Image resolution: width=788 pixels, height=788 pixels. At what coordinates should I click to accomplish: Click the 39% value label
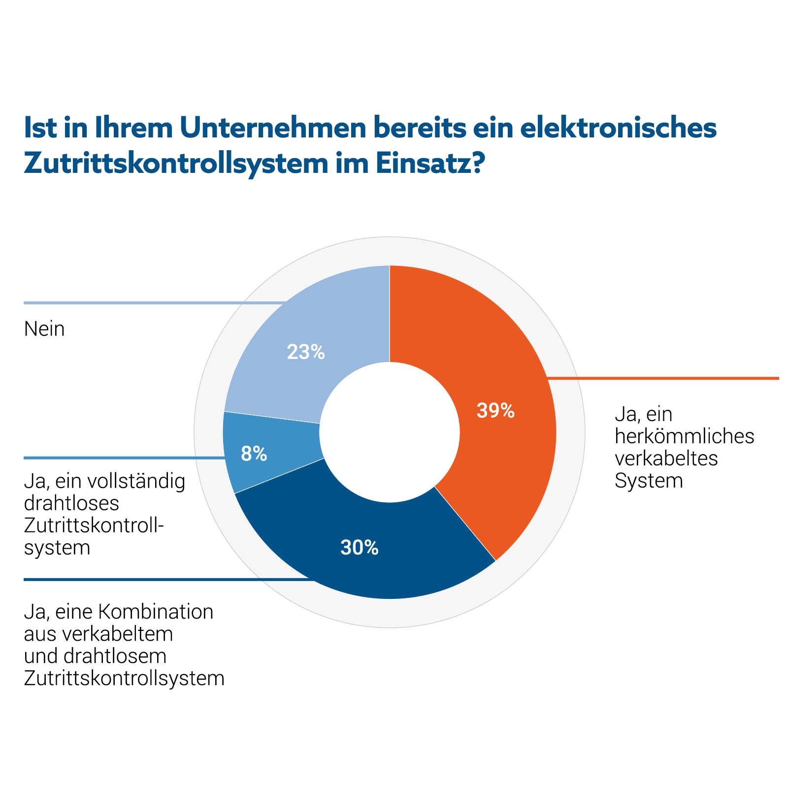click(495, 411)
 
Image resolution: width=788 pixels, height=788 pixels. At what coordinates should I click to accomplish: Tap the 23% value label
click(306, 352)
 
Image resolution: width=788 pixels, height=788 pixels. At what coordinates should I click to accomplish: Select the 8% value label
click(254, 454)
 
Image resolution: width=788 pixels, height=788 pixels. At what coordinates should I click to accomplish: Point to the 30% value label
click(360, 548)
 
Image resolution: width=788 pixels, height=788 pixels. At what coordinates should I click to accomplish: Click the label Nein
click(44, 329)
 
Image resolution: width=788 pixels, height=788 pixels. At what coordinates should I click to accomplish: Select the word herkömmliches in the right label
click(684, 436)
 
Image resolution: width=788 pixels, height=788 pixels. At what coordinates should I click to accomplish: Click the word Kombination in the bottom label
click(156, 612)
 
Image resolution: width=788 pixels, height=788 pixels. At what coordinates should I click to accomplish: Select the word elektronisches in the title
click(618, 128)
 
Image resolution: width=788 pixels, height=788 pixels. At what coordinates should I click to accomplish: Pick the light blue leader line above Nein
click(148, 303)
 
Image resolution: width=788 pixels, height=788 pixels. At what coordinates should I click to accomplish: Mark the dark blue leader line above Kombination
click(148, 580)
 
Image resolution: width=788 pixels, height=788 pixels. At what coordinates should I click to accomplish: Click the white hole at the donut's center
click(389, 432)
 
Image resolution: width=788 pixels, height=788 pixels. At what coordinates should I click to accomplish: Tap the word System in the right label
click(649, 481)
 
